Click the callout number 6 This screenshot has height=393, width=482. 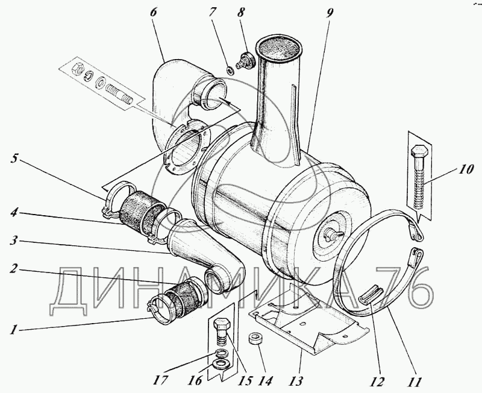154,13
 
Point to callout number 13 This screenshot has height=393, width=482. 296,381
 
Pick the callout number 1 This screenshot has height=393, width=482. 13,330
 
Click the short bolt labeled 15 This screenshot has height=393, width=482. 222,334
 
